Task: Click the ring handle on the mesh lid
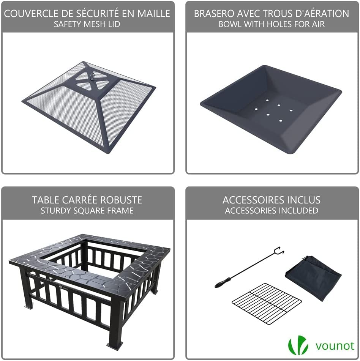tap(92, 76)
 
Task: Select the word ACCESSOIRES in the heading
tap(247, 200)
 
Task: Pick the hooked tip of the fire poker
tap(279, 251)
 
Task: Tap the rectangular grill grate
tap(267, 303)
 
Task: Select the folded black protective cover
tap(313, 277)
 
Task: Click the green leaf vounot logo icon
tap(298, 345)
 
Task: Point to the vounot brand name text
tap(335, 346)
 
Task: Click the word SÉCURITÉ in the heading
tap(95, 14)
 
